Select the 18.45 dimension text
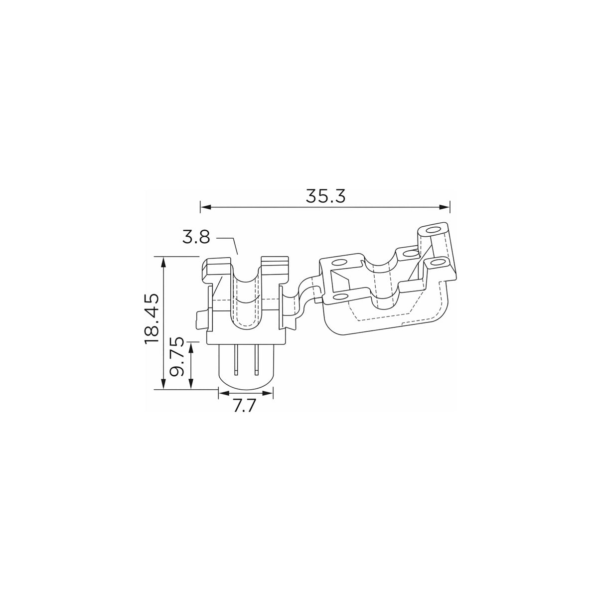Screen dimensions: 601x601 152,318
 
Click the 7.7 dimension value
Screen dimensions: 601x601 245,406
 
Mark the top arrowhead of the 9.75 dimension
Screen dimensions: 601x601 191,348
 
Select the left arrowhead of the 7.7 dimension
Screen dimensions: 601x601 224,394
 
